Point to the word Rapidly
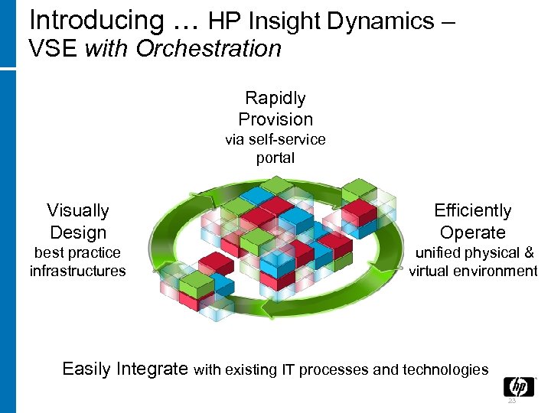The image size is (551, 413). [x=275, y=98]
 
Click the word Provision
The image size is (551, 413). [x=275, y=119]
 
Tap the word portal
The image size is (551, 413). [x=275, y=158]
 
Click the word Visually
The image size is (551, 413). [x=77, y=211]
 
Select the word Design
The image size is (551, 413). [x=77, y=233]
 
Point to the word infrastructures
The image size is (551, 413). [x=77, y=271]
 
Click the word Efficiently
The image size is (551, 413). [x=472, y=211]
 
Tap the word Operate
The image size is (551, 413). [x=472, y=233]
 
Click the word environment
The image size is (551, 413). [x=494, y=271]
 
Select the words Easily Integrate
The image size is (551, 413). [x=125, y=369]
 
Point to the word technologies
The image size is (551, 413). [x=442, y=370]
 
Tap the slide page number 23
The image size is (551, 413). [x=512, y=401]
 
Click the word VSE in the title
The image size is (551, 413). [x=54, y=50]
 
